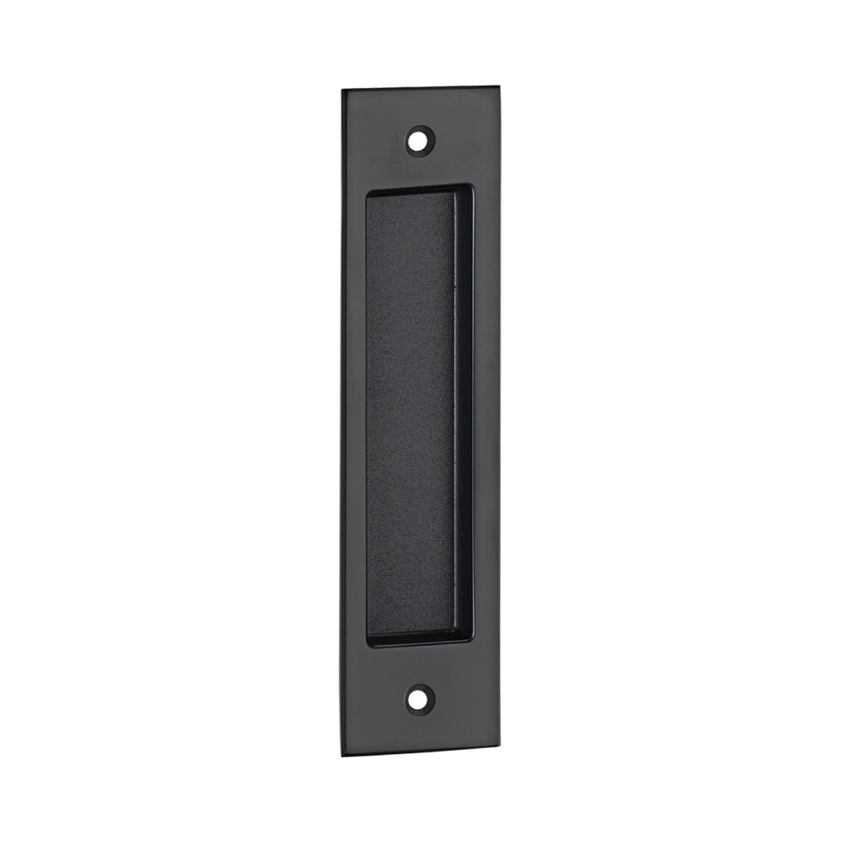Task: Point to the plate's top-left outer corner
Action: pyautogui.click(x=342, y=87)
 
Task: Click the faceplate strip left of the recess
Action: pyautogui.click(x=352, y=419)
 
